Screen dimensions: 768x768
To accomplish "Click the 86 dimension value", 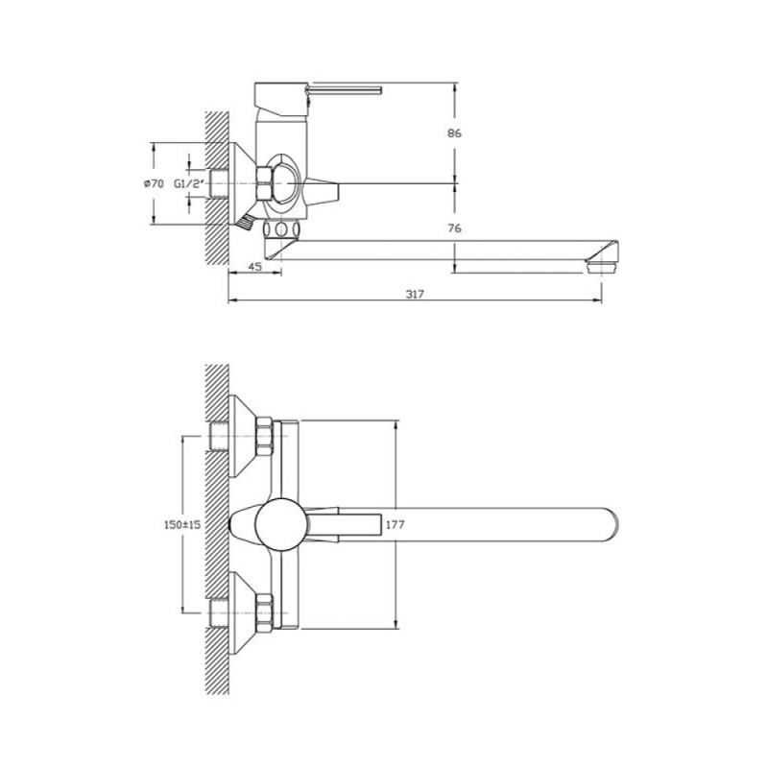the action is [454, 132].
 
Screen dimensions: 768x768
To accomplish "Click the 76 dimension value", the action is [454, 228].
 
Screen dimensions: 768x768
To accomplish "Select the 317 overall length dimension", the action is [415, 294].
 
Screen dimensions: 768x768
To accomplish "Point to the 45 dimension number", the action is [254, 267].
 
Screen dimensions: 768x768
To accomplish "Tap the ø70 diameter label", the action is [154, 183].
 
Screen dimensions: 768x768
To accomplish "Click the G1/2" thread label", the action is [189, 184].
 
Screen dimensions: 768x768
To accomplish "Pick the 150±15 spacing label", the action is [182, 524].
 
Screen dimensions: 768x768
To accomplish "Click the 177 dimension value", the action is [396, 524].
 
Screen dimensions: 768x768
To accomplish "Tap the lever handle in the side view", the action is [344, 90].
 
